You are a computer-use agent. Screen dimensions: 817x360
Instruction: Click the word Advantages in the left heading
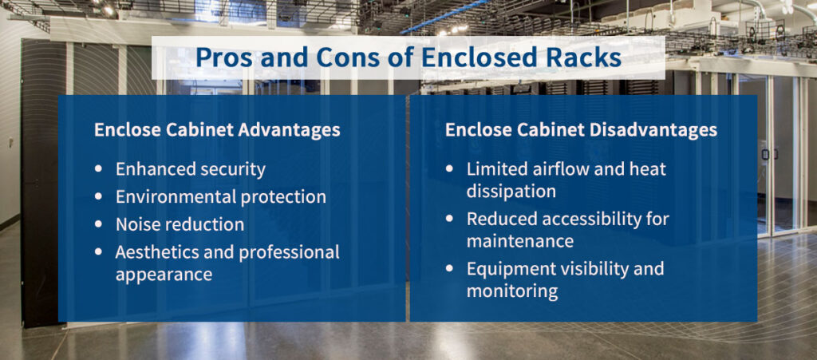pyautogui.click(x=289, y=130)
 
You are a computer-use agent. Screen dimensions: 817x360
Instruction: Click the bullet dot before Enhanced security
pyautogui.click(x=99, y=168)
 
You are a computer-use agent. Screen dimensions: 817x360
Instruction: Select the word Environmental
pyautogui.click(x=170, y=197)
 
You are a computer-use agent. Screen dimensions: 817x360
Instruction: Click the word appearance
pyautogui.click(x=164, y=275)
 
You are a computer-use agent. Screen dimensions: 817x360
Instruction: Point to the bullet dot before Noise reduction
pyautogui.click(x=99, y=224)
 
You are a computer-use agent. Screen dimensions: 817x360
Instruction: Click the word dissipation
pyautogui.click(x=511, y=192)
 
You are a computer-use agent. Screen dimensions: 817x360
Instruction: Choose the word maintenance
pyautogui.click(x=520, y=241)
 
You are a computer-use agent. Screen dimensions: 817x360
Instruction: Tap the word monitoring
pyautogui.click(x=512, y=291)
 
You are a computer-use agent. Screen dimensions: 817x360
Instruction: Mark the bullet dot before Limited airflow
pyautogui.click(x=450, y=168)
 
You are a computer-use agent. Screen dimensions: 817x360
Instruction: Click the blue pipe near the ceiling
pyautogui.click(x=445, y=17)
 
